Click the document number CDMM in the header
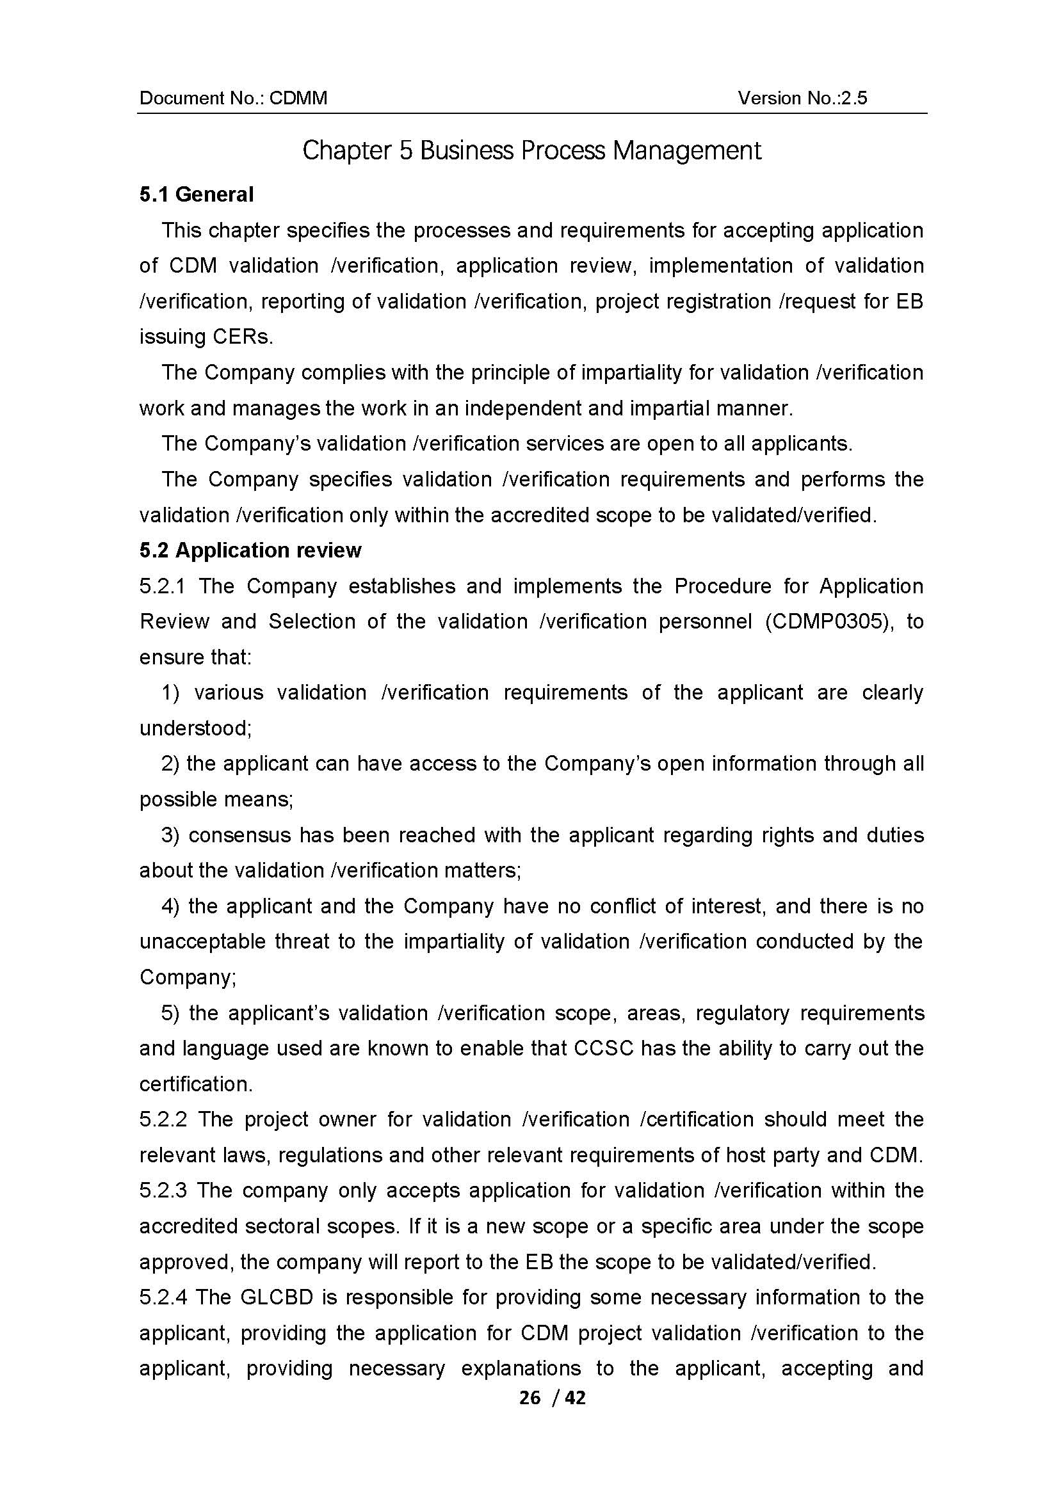click(x=298, y=98)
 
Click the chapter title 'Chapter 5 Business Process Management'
click(x=531, y=150)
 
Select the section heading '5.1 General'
click(x=197, y=195)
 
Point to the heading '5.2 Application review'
click(x=250, y=550)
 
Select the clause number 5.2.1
click(x=163, y=586)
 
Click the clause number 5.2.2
click(x=163, y=1119)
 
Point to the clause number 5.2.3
click(x=163, y=1190)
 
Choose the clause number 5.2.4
click(x=163, y=1297)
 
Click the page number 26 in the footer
click(x=529, y=1397)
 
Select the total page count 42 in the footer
click(x=575, y=1397)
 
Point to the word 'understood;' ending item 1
click(x=196, y=728)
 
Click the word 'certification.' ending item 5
click(x=196, y=1084)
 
